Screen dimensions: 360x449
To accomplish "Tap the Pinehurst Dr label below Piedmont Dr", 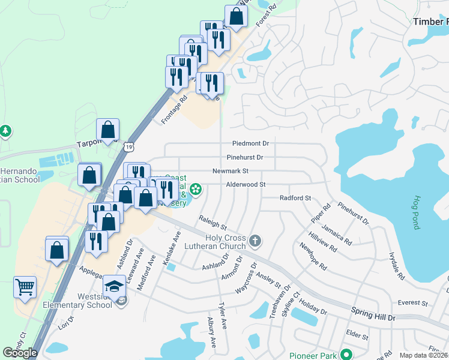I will [x=245, y=158].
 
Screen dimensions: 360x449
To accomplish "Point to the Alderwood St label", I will [x=246, y=185].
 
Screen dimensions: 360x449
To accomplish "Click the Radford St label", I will [x=295, y=198].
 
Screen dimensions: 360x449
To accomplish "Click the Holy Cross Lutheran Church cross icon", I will [x=255, y=241].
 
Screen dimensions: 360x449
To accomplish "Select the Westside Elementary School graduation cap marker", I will [x=114, y=286].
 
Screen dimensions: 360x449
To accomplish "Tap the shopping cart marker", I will [x=25, y=287].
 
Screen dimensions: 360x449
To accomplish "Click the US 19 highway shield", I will [x=130, y=146].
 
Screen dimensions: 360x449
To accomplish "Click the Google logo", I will [x=20, y=353].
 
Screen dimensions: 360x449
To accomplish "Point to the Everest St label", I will [x=412, y=304].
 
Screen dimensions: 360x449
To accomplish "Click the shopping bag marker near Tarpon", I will [x=107, y=129].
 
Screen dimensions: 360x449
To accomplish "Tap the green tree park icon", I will [x=5, y=130].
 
